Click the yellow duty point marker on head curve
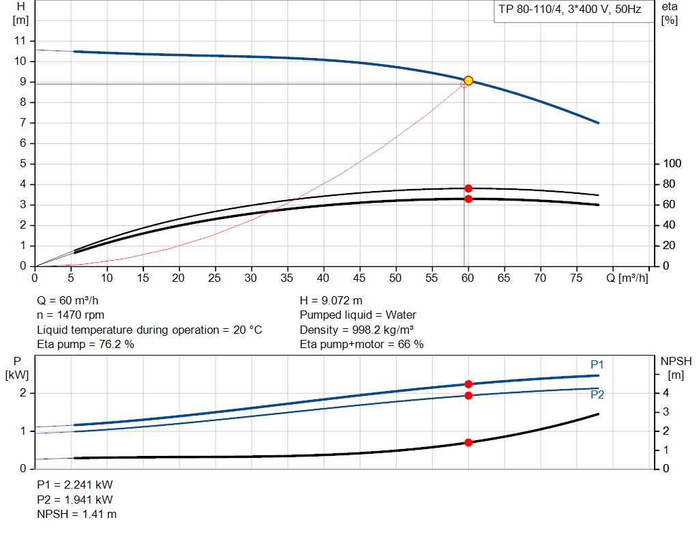coord(468,81)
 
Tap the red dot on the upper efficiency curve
coord(468,188)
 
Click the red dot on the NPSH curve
coord(468,442)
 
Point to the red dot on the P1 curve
coord(468,384)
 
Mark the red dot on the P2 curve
coord(468,395)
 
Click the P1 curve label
coord(597,364)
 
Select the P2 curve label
coord(597,394)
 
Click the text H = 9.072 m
coord(331,300)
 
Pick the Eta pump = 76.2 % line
coord(85,345)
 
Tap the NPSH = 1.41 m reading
coord(76,514)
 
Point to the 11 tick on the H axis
coord(19,41)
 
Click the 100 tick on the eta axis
coord(672,164)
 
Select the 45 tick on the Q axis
coord(360,278)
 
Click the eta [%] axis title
coord(669,13)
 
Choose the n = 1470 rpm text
coord(70,315)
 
